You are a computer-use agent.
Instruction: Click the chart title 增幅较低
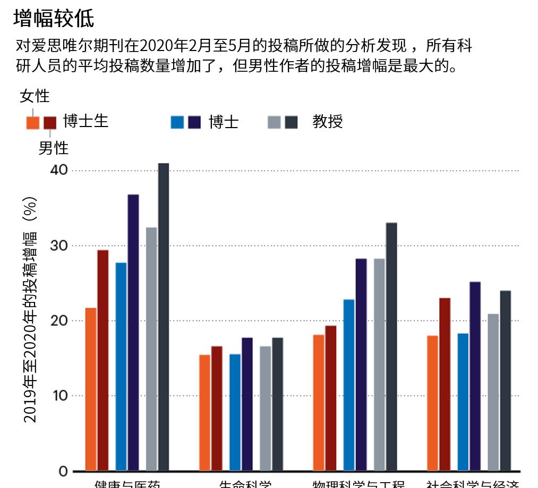[54, 19]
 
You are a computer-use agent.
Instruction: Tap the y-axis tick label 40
[59, 170]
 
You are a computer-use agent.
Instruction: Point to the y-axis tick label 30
[59, 246]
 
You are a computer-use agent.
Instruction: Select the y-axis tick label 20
[59, 321]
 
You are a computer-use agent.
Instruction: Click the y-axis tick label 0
[63, 471]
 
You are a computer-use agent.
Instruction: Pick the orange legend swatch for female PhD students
[33, 123]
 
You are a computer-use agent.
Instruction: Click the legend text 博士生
[86, 121]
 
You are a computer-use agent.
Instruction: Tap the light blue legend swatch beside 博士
[177, 122]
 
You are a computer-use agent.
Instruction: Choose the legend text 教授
[328, 121]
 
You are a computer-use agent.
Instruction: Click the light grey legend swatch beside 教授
[274, 122]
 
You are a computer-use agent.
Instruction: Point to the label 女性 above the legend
[35, 96]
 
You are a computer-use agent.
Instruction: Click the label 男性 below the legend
[53, 147]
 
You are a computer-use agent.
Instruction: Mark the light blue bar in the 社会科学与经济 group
[463, 402]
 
